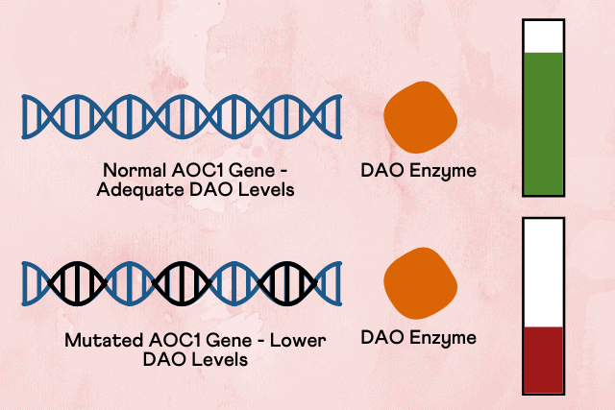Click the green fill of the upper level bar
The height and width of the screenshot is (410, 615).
point(543,124)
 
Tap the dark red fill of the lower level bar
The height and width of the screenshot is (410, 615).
point(543,360)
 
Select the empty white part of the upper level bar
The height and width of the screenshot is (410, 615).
point(543,36)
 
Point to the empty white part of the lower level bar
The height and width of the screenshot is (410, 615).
point(543,274)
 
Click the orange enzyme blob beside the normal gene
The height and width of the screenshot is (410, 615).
point(420,117)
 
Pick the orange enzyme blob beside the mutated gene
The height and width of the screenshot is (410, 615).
point(420,283)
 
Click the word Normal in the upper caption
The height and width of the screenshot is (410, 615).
point(135,171)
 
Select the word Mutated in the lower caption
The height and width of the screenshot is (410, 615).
point(104,340)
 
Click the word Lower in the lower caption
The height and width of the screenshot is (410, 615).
point(298,340)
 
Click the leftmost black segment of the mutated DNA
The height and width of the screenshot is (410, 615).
point(77,283)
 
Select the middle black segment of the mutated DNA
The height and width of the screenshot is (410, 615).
point(182,283)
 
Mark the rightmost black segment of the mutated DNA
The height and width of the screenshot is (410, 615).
point(287,283)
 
